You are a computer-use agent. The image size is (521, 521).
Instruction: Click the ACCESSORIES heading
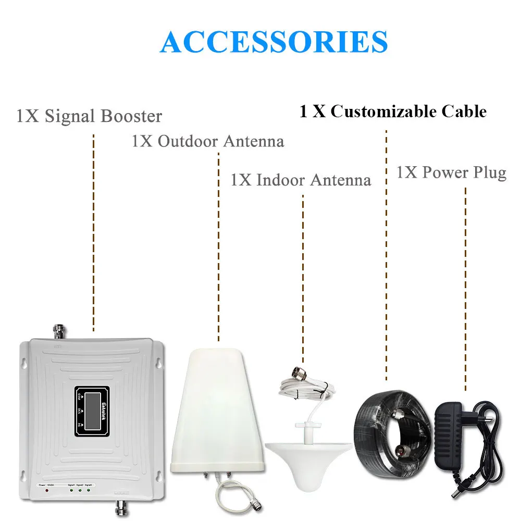(x=274, y=41)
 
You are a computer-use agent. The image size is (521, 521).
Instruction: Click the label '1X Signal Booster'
(x=89, y=116)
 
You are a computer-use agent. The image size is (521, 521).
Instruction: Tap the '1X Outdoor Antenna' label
(x=208, y=141)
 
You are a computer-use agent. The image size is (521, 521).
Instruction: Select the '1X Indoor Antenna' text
(x=301, y=180)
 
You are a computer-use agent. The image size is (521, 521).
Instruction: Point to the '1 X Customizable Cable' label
(x=393, y=111)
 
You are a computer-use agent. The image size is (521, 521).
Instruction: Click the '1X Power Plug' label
(x=451, y=172)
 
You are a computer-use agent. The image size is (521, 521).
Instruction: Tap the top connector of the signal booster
(x=57, y=330)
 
